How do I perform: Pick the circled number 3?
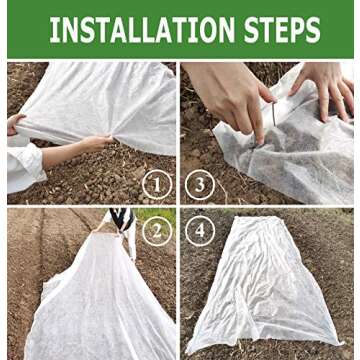click(x=201, y=184)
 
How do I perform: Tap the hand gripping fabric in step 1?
click(x=95, y=144)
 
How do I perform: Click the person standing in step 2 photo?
click(x=122, y=222)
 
